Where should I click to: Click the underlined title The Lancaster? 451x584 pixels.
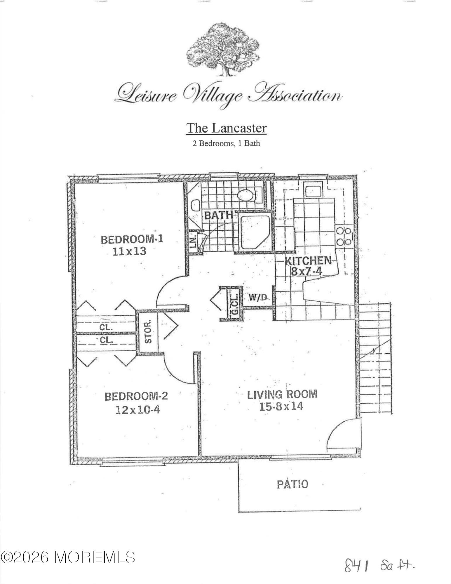pyautogui.click(x=226, y=128)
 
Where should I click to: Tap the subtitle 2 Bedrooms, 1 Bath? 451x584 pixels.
pyautogui.click(x=226, y=143)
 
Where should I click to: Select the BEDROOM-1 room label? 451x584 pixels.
pyautogui.click(x=132, y=239)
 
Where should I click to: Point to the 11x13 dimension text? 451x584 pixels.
pyautogui.click(x=129, y=251)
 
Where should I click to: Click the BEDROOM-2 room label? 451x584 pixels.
pyautogui.click(x=136, y=396)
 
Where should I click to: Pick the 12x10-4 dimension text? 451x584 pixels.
pyautogui.click(x=138, y=410)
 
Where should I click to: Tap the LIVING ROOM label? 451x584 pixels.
pyautogui.click(x=282, y=394)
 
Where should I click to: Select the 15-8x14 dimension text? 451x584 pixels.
pyautogui.click(x=281, y=406)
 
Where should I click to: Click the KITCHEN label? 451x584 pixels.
pyautogui.click(x=308, y=260)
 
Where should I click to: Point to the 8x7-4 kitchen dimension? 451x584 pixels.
pyautogui.click(x=307, y=272)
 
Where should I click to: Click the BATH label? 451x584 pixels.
pyautogui.click(x=218, y=215)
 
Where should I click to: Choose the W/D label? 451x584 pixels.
pyautogui.click(x=258, y=298)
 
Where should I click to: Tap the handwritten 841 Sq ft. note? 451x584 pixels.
pyautogui.click(x=379, y=567)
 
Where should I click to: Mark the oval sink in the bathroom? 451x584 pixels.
pyautogui.click(x=246, y=195)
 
